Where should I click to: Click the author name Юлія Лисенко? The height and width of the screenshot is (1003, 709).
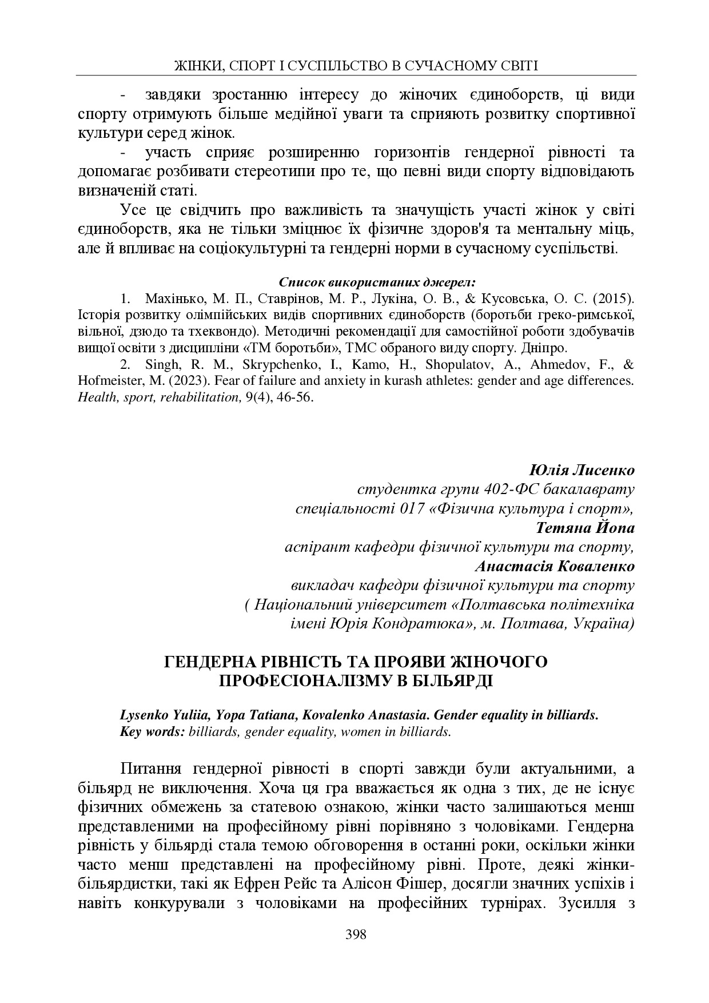pyautogui.click(x=582, y=471)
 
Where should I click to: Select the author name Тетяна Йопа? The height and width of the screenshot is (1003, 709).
pyautogui.click(x=585, y=527)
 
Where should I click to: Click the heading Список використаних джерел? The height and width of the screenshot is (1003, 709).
pyautogui.click(x=377, y=282)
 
